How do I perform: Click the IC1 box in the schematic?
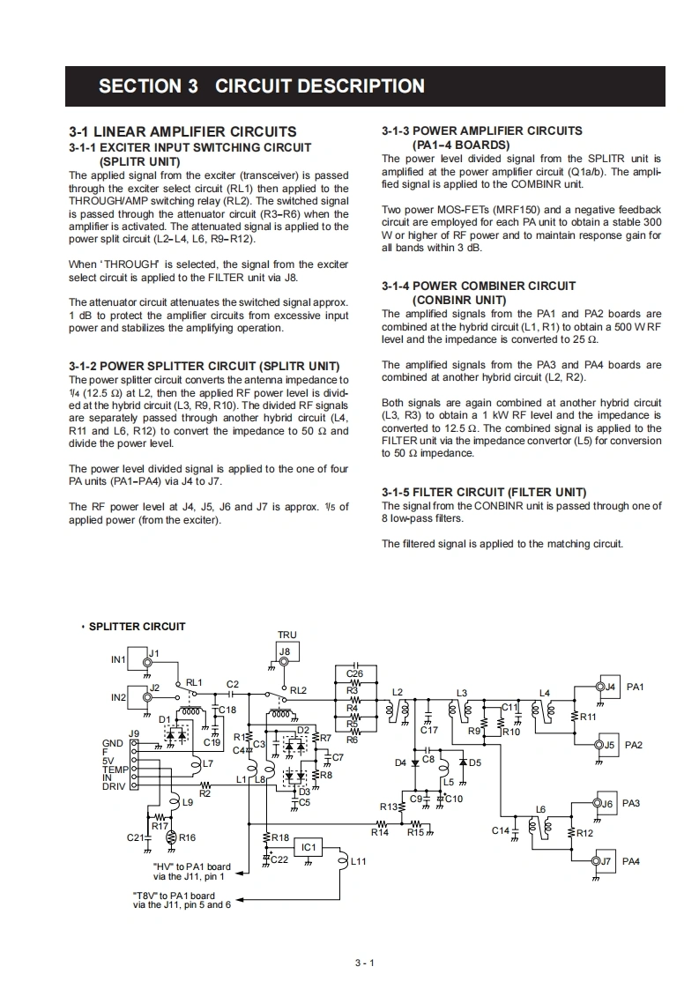click(308, 847)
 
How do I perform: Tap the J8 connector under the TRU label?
click(285, 653)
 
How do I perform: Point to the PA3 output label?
click(631, 803)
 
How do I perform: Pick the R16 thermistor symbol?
click(171, 837)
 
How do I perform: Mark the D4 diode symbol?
click(415, 762)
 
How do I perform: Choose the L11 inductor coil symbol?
click(344, 861)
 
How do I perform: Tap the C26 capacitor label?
click(355, 674)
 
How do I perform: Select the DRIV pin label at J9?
click(114, 786)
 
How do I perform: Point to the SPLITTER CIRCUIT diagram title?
click(138, 627)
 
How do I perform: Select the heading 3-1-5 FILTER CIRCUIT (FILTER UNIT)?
click(484, 492)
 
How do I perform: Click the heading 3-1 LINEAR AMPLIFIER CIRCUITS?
click(182, 131)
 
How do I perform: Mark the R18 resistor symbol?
click(265, 837)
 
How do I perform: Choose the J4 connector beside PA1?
click(605, 687)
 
